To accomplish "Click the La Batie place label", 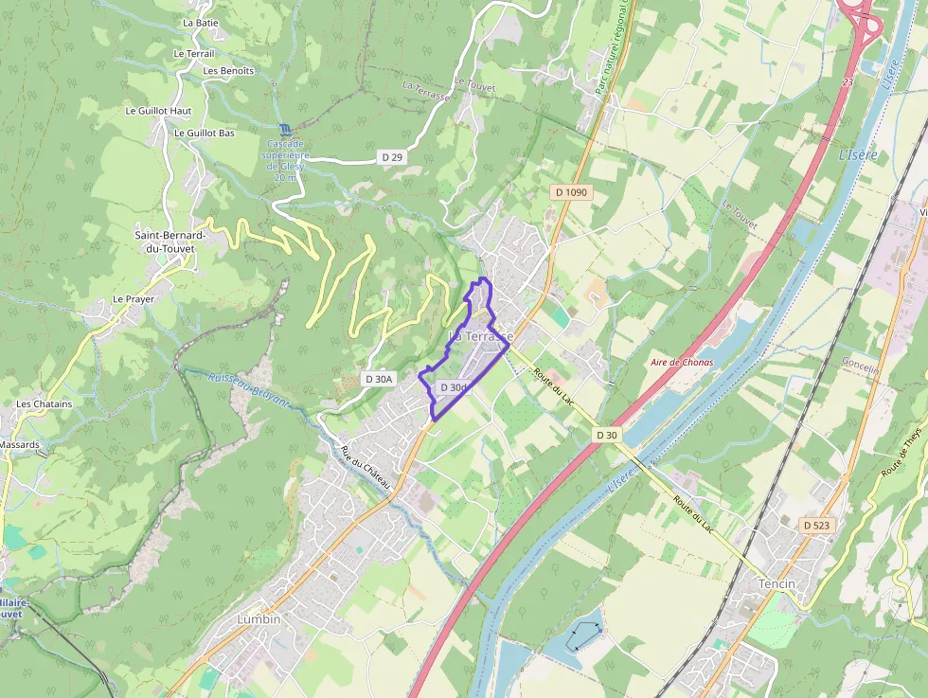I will pyautogui.click(x=201, y=22).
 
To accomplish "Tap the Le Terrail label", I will pyautogui.click(x=194, y=54).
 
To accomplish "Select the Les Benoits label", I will pyautogui.click(x=228, y=71).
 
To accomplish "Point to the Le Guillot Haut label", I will pyautogui.click(x=158, y=111).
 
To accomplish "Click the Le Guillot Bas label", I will pyautogui.click(x=204, y=134).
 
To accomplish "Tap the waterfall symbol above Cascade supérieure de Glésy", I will pyautogui.click(x=286, y=130).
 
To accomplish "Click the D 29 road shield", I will pyautogui.click(x=392, y=156).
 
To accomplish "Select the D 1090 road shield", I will pyautogui.click(x=571, y=192).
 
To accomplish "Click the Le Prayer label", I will pyautogui.click(x=134, y=299).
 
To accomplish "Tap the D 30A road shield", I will pyautogui.click(x=378, y=379).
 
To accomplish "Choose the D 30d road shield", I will pyautogui.click(x=453, y=387).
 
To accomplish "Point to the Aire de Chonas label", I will pyautogui.click(x=682, y=363).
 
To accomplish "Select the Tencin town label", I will pyautogui.click(x=777, y=584).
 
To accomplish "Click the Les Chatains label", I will pyautogui.click(x=44, y=404).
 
